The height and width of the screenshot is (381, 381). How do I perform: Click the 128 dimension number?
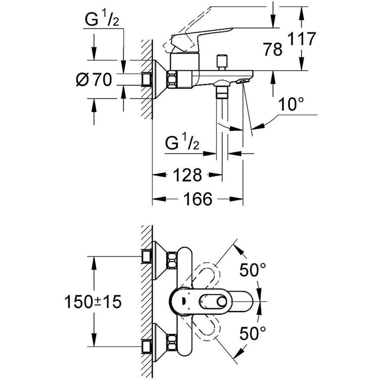188,175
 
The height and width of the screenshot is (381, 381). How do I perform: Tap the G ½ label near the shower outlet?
183,144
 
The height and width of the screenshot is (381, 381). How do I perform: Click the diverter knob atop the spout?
222,60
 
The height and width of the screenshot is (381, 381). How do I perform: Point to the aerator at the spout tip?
242,82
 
